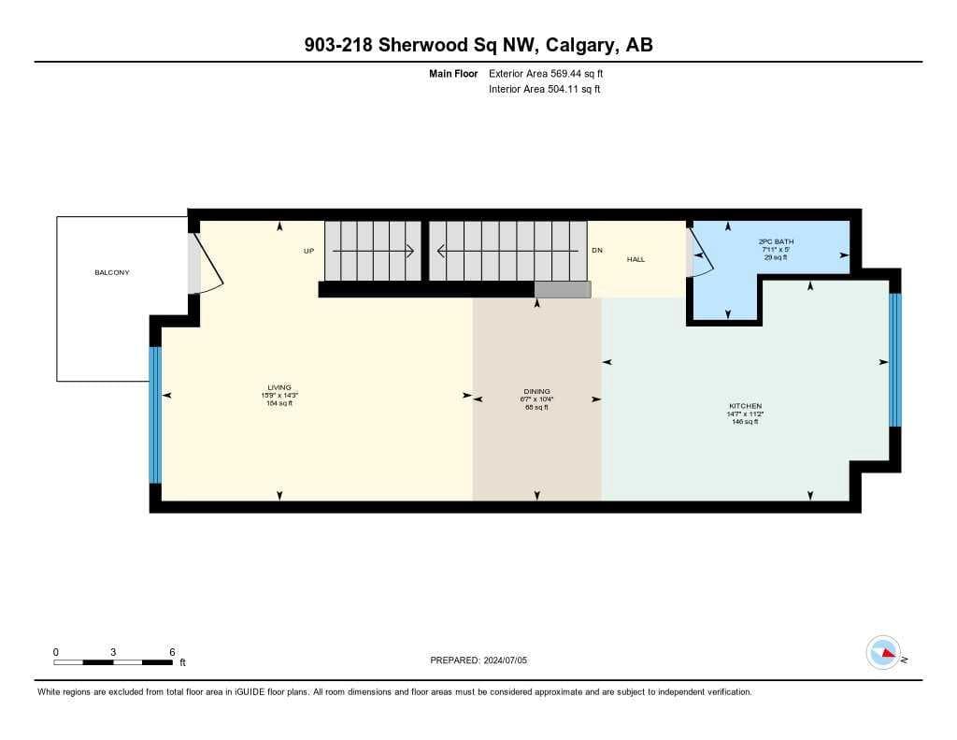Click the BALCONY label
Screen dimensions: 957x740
pyautogui.click(x=112, y=272)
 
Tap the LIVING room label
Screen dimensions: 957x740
pyautogui.click(x=279, y=387)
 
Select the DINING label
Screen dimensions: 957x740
pyautogui.click(x=537, y=391)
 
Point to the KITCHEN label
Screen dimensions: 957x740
pyautogui.click(x=745, y=406)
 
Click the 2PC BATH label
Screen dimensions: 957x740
pyautogui.click(x=776, y=242)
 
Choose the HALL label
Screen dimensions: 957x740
pyautogui.click(x=636, y=260)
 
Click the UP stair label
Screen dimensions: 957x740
pyautogui.click(x=308, y=251)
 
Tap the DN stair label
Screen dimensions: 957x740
pyautogui.click(x=597, y=250)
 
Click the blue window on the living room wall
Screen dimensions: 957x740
pyautogui.click(x=155, y=415)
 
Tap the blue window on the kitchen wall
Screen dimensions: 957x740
pyautogui.click(x=894, y=360)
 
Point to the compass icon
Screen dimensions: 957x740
pyautogui.click(x=883, y=653)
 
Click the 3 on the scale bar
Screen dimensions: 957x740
pyautogui.click(x=113, y=652)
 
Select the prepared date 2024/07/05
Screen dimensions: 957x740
pyautogui.click(x=506, y=660)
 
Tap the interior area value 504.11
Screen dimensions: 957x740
pyautogui.click(x=562, y=89)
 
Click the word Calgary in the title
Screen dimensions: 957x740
pyautogui.click(x=579, y=45)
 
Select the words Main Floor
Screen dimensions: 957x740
pyautogui.click(x=453, y=74)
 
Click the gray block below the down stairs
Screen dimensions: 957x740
pyautogui.click(x=563, y=290)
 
